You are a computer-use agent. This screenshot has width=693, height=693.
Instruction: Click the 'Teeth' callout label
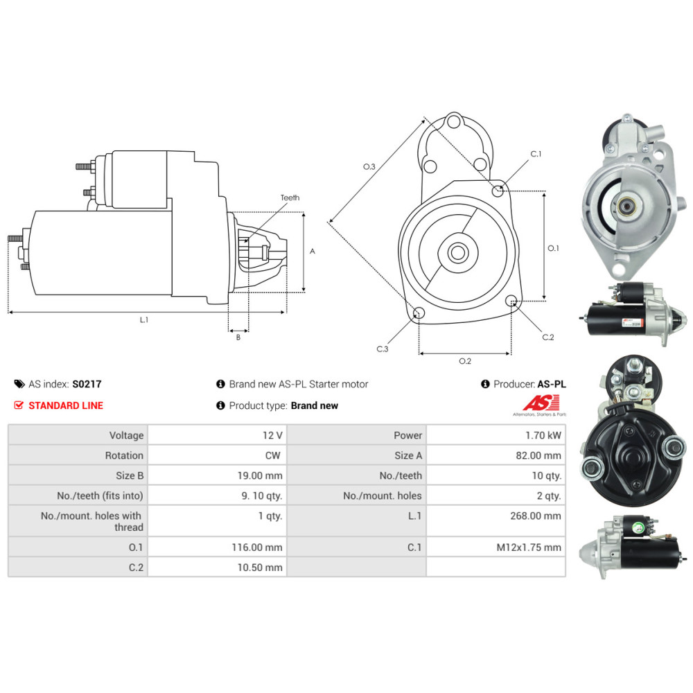click(x=290, y=198)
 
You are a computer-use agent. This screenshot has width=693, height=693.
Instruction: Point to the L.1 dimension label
click(x=144, y=320)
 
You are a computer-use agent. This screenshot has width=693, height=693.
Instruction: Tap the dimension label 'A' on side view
click(x=313, y=252)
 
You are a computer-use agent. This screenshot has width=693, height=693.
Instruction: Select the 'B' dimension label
click(x=238, y=337)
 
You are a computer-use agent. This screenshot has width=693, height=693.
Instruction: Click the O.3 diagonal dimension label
click(x=369, y=166)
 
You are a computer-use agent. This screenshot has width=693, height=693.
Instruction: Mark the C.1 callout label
click(x=536, y=154)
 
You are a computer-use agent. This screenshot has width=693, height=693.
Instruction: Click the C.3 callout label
click(x=383, y=349)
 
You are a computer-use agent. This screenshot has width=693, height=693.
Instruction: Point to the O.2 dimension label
click(x=466, y=361)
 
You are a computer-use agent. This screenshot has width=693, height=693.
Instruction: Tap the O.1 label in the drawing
click(x=553, y=247)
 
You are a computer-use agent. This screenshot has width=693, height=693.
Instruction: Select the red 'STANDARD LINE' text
click(x=65, y=405)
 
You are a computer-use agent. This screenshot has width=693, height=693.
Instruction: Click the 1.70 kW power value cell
click(x=544, y=435)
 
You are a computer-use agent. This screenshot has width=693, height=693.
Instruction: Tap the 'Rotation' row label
click(x=124, y=455)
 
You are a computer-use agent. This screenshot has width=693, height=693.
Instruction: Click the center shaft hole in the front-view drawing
click(x=457, y=252)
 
